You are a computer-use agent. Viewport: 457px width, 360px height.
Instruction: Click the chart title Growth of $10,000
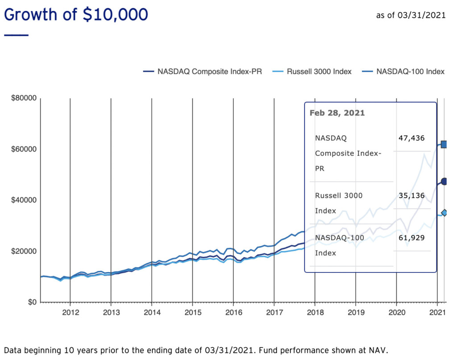(76, 15)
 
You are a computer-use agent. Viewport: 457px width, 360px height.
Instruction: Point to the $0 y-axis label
(30, 302)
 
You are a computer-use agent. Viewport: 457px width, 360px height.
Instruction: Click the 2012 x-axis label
(70, 312)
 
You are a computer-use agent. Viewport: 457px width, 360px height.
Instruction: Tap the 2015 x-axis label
(192, 312)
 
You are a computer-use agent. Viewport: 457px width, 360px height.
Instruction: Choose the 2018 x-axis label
(315, 312)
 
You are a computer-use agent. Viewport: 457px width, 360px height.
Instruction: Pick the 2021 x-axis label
(437, 312)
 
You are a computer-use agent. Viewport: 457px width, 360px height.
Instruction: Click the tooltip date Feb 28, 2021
(337, 113)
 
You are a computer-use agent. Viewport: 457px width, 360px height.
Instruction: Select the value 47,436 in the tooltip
(411, 138)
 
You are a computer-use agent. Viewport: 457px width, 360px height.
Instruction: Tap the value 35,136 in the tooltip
(411, 195)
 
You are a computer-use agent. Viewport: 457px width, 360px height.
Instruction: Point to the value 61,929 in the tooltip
(411, 237)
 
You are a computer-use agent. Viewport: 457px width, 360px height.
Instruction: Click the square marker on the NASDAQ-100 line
(444, 144)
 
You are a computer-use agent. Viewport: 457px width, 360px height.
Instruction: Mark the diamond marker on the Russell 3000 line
(444, 213)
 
